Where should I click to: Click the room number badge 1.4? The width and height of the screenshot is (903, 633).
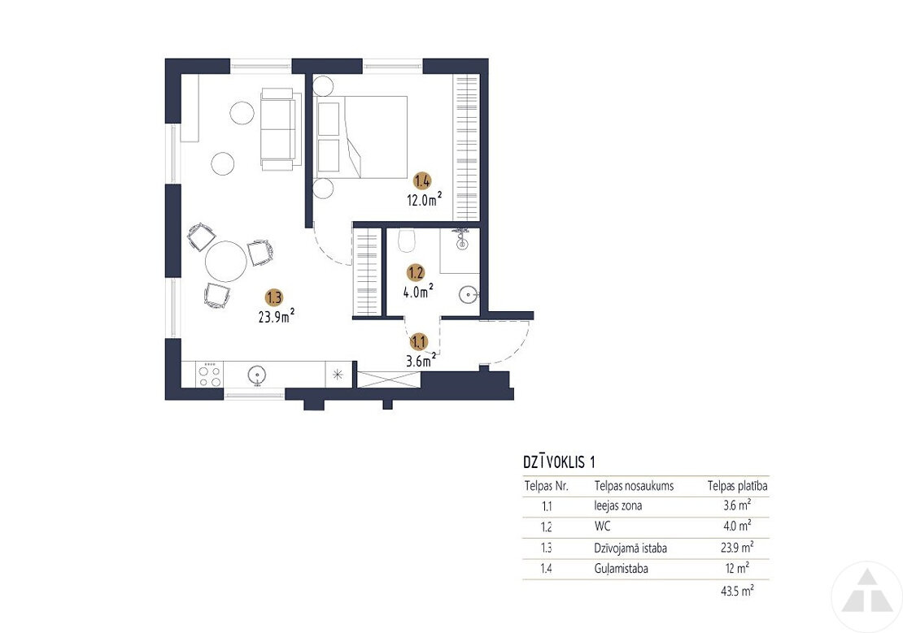click(x=422, y=181)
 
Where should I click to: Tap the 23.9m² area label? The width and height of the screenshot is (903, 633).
click(x=277, y=315)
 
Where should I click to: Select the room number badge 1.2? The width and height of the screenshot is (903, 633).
click(x=416, y=272)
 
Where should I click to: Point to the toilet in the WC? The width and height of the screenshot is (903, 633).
click(x=407, y=240)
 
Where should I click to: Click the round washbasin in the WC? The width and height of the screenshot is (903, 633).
click(x=469, y=296)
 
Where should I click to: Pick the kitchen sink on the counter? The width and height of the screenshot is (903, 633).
click(x=257, y=375)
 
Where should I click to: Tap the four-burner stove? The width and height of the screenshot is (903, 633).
click(x=210, y=375)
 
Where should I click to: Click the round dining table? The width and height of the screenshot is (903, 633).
click(x=226, y=262)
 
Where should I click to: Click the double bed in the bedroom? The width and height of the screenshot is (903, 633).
click(x=361, y=137)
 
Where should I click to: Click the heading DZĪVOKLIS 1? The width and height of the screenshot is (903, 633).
click(x=559, y=462)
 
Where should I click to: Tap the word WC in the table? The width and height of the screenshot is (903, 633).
click(x=602, y=526)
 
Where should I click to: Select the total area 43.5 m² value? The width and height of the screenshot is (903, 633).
click(x=737, y=591)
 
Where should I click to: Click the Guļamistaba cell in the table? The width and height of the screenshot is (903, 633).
click(x=621, y=569)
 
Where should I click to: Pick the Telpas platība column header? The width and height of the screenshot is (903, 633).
click(x=737, y=486)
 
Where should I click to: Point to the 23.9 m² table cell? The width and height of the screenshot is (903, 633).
click(x=737, y=547)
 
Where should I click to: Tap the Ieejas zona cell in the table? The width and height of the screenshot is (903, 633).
click(x=618, y=505)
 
